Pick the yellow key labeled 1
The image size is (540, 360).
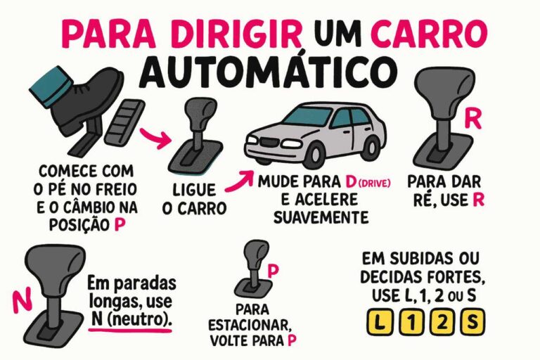point(411,323)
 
